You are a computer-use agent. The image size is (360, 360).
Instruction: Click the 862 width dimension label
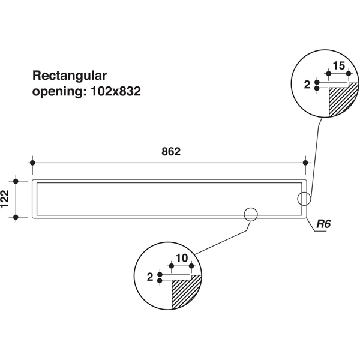(x=171, y=152)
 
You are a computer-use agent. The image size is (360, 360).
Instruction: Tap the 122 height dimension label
(x=5, y=199)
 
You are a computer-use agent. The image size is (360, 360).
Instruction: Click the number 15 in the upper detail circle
(x=338, y=65)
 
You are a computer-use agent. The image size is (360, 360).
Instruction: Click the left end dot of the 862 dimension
(x=33, y=163)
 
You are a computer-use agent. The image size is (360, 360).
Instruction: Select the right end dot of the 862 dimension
(x=306, y=163)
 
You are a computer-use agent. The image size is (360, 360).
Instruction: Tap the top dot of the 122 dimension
(x=17, y=181)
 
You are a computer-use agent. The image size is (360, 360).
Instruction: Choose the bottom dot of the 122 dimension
(x=17, y=217)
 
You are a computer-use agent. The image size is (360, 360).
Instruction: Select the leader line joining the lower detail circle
(x=222, y=236)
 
